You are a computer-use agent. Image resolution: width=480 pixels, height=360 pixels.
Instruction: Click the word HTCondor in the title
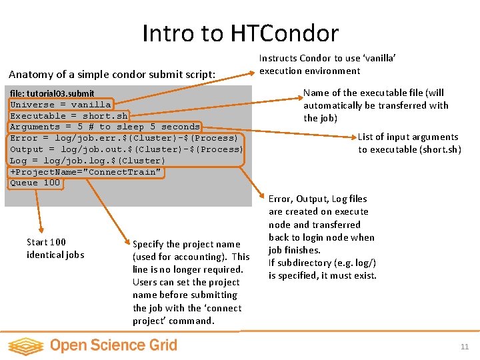[285, 33]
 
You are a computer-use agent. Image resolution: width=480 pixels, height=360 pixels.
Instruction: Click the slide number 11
[464, 347]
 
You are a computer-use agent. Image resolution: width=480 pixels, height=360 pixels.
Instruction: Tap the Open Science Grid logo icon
[25, 345]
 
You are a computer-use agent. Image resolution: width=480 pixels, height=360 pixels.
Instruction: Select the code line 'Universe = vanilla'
[60, 105]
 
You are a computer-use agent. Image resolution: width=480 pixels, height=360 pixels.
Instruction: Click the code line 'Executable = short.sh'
[69, 116]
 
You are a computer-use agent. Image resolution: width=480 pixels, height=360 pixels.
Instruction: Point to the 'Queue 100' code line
[35, 183]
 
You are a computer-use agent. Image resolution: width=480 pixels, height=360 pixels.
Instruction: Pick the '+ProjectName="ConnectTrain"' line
[85, 172]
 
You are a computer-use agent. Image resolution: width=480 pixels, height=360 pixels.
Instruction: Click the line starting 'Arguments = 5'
[105, 127]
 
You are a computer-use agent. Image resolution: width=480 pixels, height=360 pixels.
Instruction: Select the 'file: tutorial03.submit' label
[52, 93]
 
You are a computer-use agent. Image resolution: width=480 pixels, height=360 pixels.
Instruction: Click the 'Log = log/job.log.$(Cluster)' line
[87, 161]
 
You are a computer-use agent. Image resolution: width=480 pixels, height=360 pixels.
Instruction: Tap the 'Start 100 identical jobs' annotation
[55, 248]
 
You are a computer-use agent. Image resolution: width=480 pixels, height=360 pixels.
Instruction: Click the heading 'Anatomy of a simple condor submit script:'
[112, 74]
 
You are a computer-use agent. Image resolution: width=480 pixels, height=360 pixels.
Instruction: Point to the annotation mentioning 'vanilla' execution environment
[328, 65]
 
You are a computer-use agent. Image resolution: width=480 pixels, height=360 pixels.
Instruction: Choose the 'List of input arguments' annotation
[409, 143]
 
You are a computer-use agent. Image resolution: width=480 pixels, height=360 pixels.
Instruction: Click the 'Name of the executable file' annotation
[375, 105]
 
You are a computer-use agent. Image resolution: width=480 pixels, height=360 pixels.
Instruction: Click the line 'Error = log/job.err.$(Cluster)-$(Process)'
[124, 138]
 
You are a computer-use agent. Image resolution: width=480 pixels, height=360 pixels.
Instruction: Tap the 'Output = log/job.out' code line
[127, 149]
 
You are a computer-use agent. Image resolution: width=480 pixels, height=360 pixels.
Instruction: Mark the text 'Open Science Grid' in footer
[113, 345]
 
